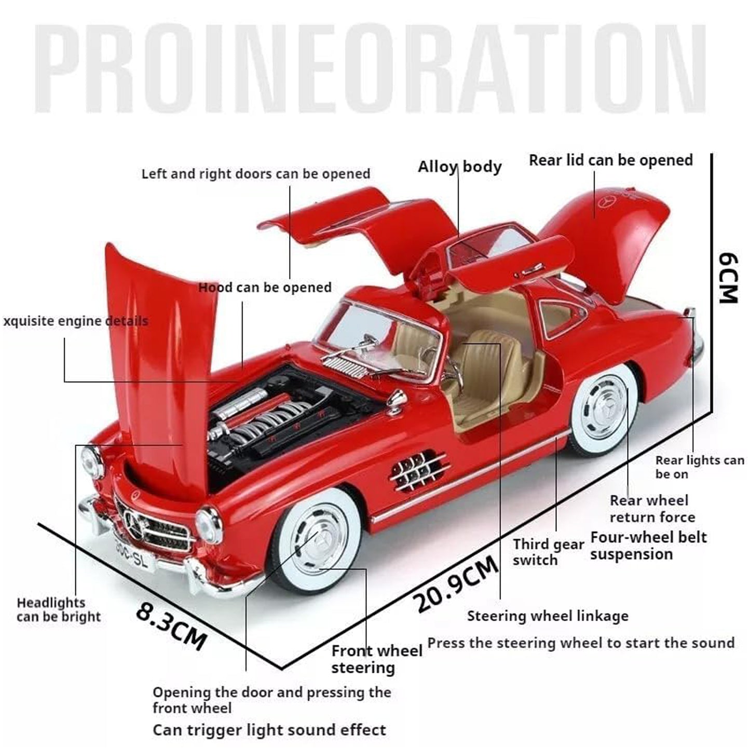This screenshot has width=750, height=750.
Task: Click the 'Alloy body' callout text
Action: (x=460, y=167)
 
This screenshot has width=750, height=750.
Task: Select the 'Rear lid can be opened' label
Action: (x=611, y=160)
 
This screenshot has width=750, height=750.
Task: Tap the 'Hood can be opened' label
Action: (x=265, y=288)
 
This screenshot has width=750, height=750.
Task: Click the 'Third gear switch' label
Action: (x=548, y=552)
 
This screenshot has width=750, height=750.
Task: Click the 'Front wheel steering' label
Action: (x=376, y=659)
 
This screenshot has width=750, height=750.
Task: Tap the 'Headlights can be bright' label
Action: (x=58, y=609)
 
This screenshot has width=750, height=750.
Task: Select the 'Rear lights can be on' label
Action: (x=700, y=467)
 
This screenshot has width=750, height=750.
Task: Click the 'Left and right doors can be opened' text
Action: (x=256, y=174)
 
